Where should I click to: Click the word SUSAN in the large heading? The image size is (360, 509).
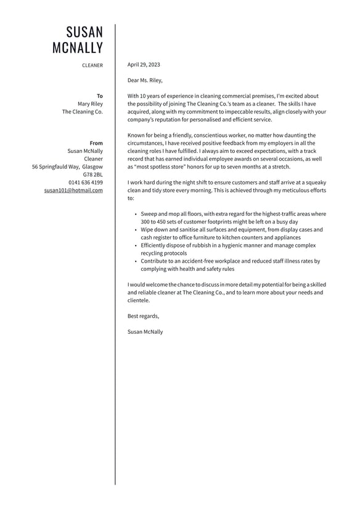tap(84, 32)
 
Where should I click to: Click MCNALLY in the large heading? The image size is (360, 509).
tap(78, 48)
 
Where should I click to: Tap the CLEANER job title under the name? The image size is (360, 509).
tap(92, 65)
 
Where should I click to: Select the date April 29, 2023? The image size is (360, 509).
tap(144, 65)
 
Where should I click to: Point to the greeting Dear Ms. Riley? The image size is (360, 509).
tap(145, 80)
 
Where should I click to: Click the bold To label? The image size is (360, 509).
tap(100, 96)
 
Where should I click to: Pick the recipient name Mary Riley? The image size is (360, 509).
tap(90, 104)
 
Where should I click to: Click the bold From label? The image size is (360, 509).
tap(96, 143)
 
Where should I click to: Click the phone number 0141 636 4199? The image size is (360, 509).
tap(86, 183)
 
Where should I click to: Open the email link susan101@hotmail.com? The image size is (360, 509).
tap(73, 191)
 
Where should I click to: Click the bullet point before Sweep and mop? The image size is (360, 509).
tap(135, 214)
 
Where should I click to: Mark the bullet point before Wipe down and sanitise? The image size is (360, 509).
tap(135, 230)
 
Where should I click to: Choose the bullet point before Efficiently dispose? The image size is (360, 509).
tap(135, 246)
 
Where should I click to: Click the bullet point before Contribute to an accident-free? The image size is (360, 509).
tap(135, 262)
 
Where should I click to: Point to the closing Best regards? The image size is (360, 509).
tap(143, 316)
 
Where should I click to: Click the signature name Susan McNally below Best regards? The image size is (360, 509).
tap(145, 332)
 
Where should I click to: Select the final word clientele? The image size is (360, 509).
tap(139, 300)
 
